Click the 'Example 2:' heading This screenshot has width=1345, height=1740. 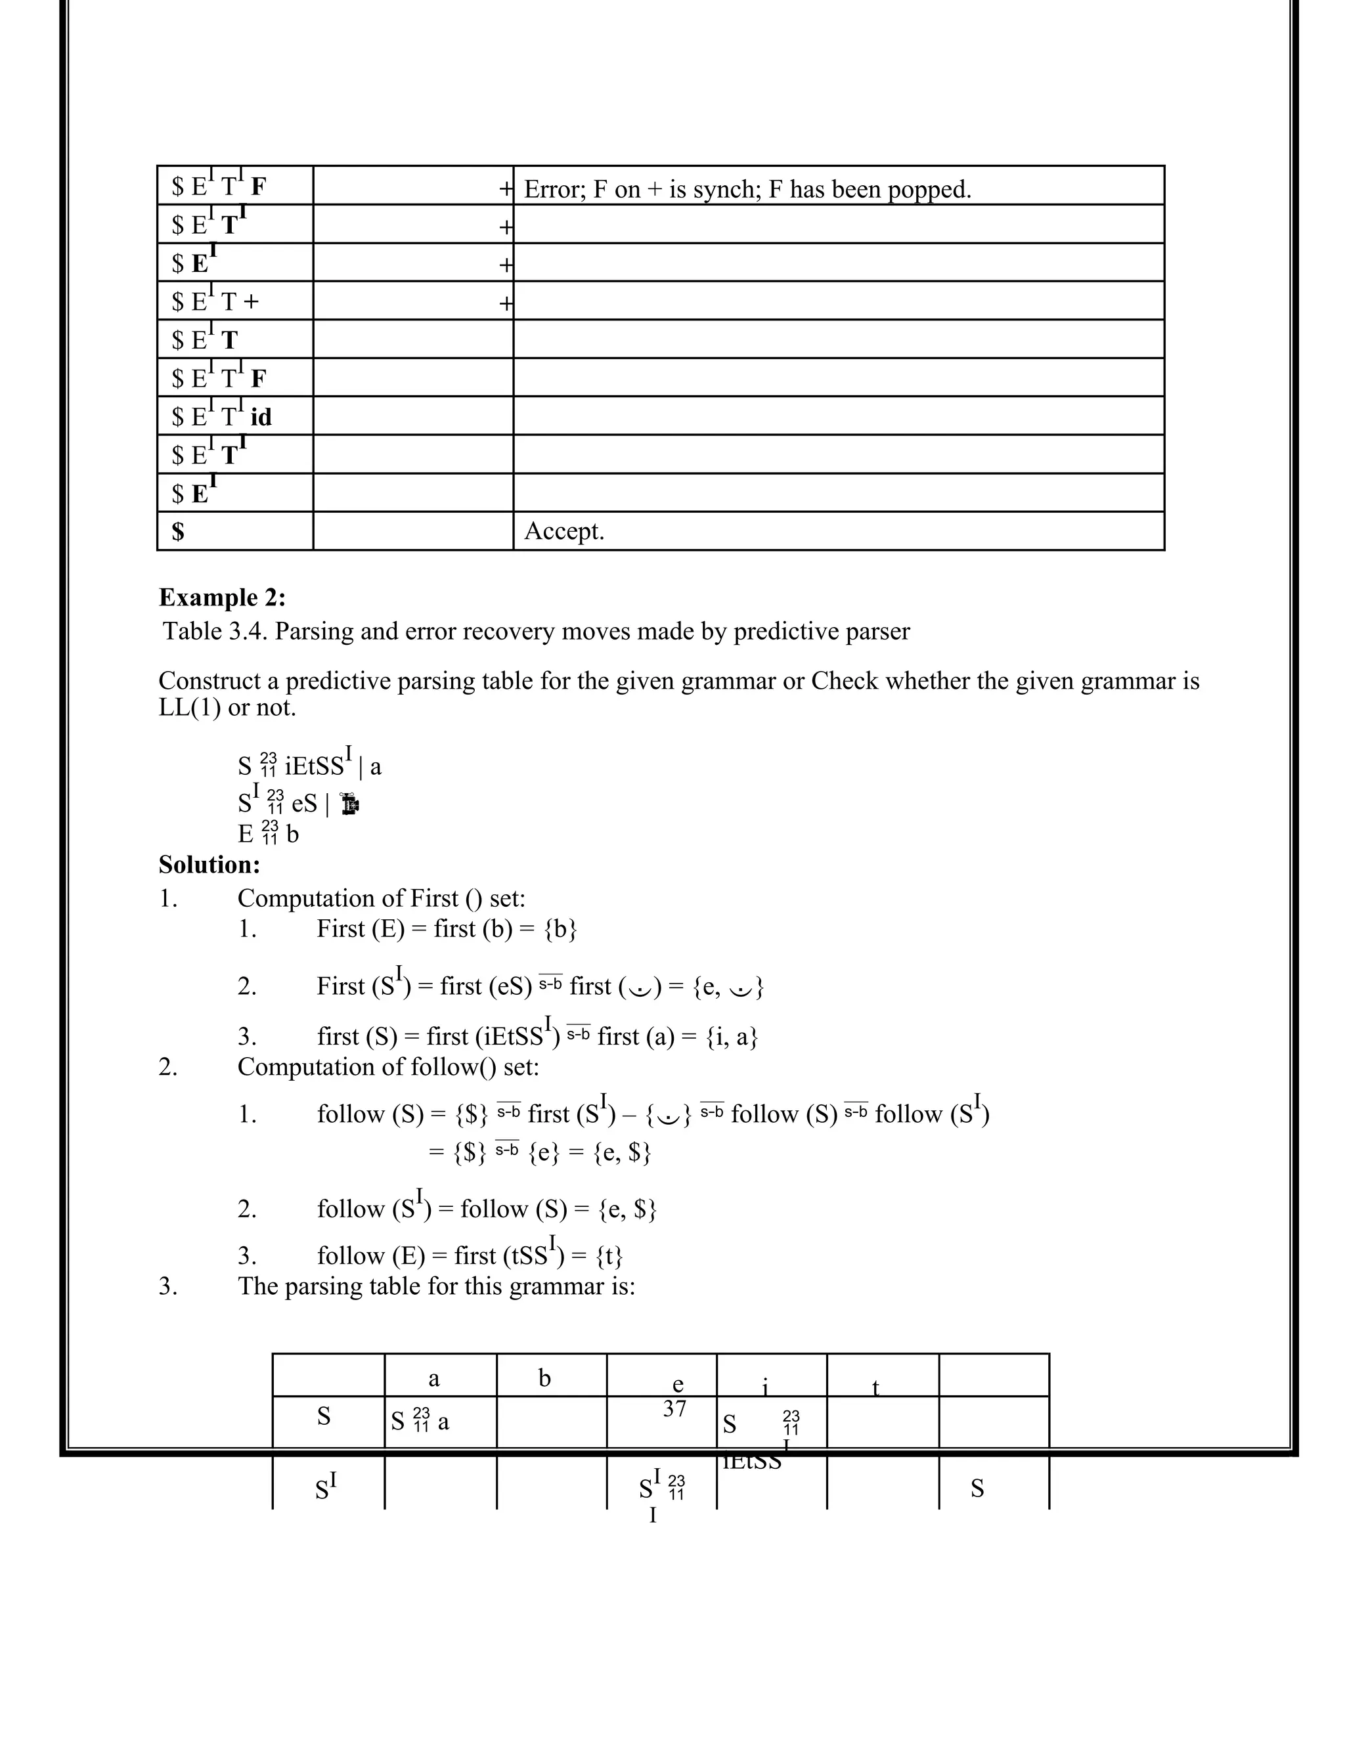(x=221, y=598)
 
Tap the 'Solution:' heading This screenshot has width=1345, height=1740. (x=209, y=865)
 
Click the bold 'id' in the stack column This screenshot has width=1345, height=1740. (x=261, y=417)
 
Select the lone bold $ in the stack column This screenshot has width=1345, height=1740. (x=178, y=531)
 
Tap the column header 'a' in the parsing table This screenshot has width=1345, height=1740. (x=433, y=1378)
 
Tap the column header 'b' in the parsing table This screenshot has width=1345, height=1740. (x=544, y=1378)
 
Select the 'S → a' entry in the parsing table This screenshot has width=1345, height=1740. (x=420, y=1420)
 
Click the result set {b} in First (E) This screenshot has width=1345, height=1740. (x=560, y=929)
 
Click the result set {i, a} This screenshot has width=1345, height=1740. (x=732, y=1037)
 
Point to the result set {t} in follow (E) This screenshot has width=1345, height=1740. (x=609, y=1255)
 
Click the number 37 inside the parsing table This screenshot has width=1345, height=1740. (x=674, y=1408)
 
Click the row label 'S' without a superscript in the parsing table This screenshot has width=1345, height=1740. (x=324, y=1416)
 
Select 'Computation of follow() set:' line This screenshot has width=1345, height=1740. (x=388, y=1067)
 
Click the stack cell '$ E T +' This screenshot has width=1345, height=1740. (x=215, y=302)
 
